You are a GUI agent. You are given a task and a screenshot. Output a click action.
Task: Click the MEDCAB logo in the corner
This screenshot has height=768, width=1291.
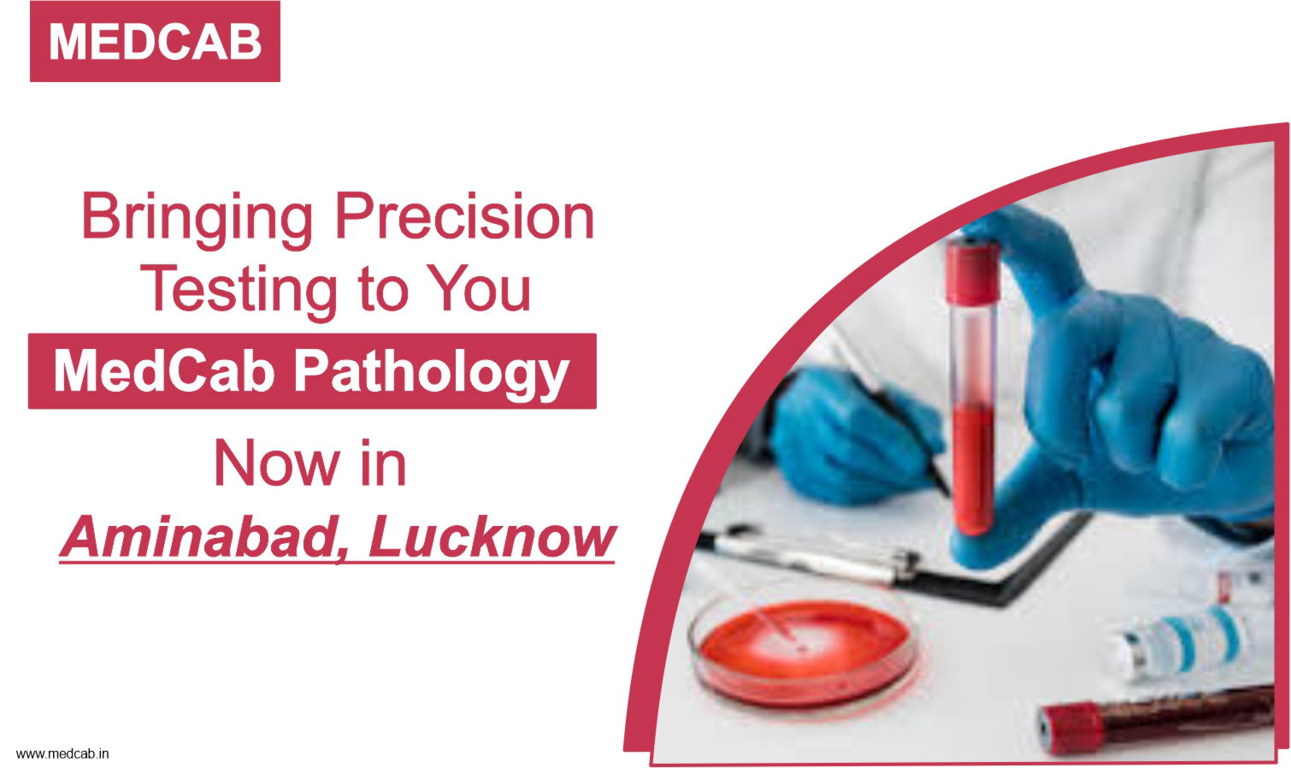tap(155, 41)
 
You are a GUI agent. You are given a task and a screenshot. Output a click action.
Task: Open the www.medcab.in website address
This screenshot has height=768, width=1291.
tap(62, 754)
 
